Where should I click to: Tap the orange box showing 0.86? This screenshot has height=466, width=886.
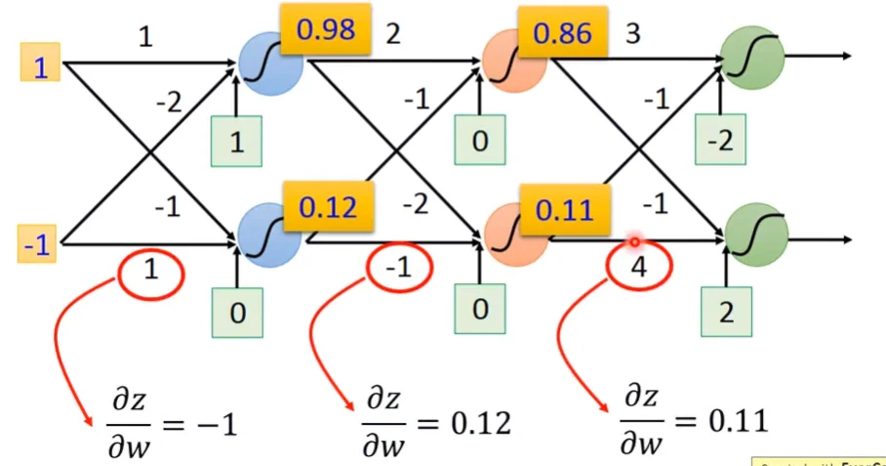[562, 34]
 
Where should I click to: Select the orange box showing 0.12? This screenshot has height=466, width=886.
[326, 207]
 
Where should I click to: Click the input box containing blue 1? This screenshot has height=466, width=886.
[40, 66]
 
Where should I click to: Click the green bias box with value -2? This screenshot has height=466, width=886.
[720, 141]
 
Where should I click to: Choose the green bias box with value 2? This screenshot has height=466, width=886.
[726, 314]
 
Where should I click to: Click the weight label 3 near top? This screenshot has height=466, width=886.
[633, 36]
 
